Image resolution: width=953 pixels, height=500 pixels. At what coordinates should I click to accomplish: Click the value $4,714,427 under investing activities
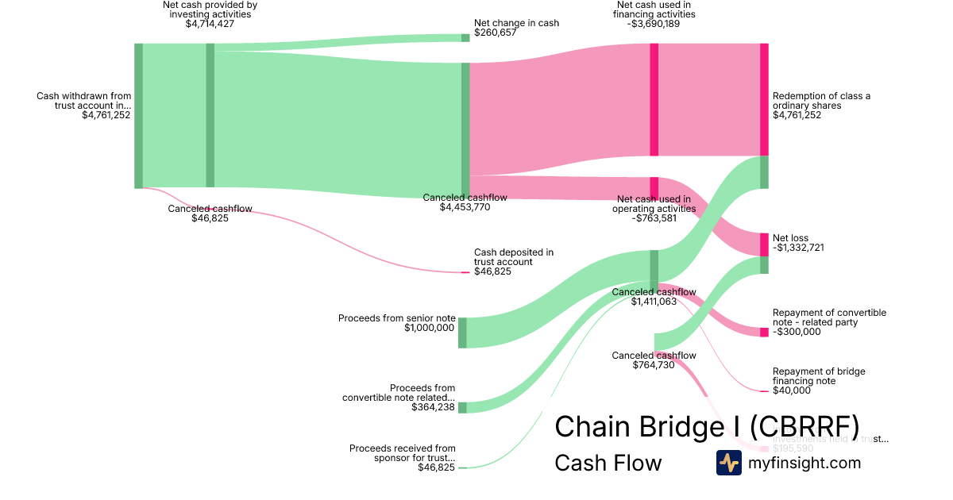coord(210,24)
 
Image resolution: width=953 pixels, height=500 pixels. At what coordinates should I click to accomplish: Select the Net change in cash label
coord(516,23)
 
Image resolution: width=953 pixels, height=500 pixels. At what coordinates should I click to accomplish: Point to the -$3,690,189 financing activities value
coord(654,24)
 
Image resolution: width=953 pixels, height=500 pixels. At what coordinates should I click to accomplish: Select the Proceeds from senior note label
coord(397,318)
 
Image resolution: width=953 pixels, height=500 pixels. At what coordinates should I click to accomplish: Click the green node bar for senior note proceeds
coord(462,333)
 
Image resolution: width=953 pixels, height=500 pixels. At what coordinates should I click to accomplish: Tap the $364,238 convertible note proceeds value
coord(434,407)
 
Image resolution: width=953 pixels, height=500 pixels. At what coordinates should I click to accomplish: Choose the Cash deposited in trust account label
coord(514,257)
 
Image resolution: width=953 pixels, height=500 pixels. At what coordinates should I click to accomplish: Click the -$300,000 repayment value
coord(797,332)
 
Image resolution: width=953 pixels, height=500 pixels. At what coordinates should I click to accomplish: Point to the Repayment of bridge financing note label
coord(819,376)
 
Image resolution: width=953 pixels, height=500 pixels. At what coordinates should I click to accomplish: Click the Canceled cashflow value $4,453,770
coord(465,207)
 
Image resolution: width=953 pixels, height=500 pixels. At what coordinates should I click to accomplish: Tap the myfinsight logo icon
coord(728,463)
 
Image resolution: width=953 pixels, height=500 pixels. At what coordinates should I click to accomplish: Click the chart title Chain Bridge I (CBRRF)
coord(706,426)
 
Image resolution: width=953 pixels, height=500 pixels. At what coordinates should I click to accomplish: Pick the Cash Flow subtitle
coord(608,463)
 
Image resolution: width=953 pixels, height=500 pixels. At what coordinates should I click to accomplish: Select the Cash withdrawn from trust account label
coord(84,101)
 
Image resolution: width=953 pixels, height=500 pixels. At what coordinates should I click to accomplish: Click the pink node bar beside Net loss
coord(764,244)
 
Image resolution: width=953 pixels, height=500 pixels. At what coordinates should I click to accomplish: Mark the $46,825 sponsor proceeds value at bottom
coord(436,467)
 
